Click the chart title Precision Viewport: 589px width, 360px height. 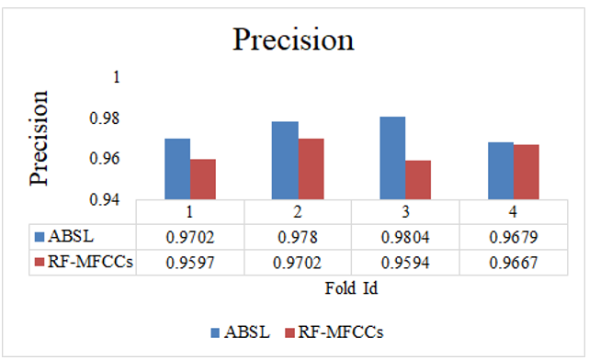click(x=293, y=40)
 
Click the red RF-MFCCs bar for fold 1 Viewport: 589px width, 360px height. click(x=202, y=179)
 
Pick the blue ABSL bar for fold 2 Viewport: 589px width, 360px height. click(x=285, y=161)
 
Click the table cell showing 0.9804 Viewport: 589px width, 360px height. click(x=404, y=236)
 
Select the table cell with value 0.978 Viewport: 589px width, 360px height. click(x=298, y=236)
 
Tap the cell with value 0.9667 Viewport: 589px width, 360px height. click(x=512, y=262)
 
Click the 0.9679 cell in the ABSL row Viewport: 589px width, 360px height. click(x=512, y=236)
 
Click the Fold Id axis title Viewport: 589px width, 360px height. click(x=350, y=287)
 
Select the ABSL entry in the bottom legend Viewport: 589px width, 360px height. click(x=241, y=332)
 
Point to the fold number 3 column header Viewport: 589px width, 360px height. click(x=404, y=211)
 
